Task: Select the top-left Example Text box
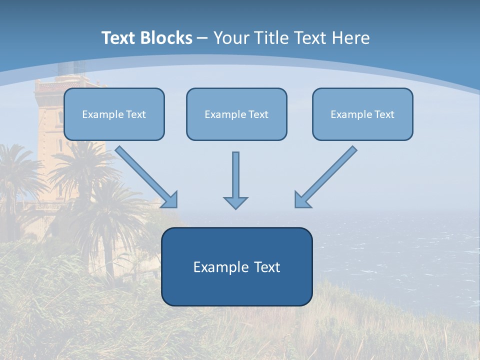tap(114, 114)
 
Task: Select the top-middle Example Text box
tap(236, 114)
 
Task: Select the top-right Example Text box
tap(362, 114)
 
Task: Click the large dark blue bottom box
tap(236, 266)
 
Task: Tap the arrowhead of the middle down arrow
tap(235, 202)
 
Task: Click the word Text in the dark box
tap(267, 267)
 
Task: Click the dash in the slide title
tap(202, 38)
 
